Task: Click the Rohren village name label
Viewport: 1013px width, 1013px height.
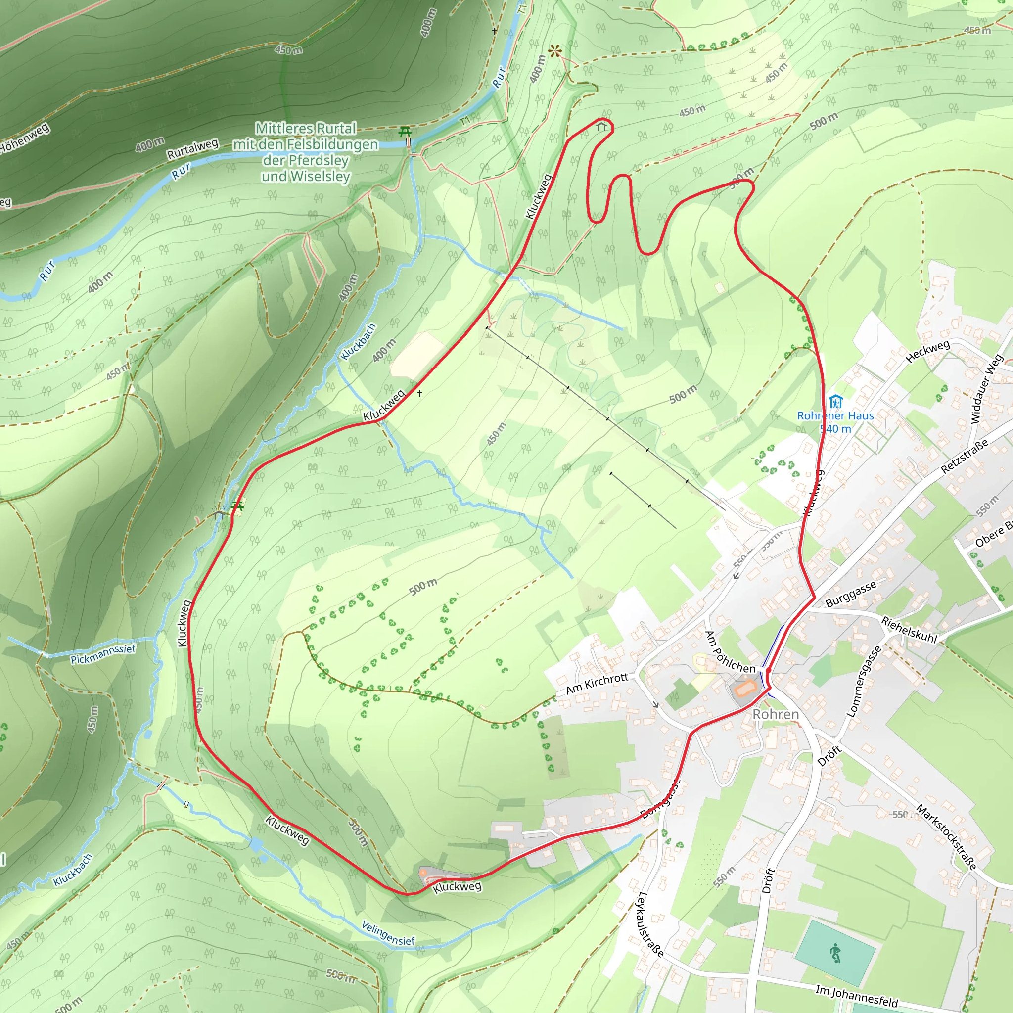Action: pyautogui.click(x=776, y=715)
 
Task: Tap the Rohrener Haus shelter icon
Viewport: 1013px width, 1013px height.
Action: pyautogui.click(x=835, y=402)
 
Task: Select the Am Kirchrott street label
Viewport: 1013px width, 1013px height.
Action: pyautogui.click(x=597, y=684)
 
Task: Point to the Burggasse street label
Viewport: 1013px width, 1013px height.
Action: pyautogui.click(x=850, y=594)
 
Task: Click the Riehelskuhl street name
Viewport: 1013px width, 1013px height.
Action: pyautogui.click(x=909, y=630)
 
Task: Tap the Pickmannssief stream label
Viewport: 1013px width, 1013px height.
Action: pyautogui.click(x=103, y=654)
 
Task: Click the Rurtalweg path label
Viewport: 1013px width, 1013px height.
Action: pyautogui.click(x=192, y=149)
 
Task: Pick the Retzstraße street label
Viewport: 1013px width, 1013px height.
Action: pyautogui.click(x=965, y=457)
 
